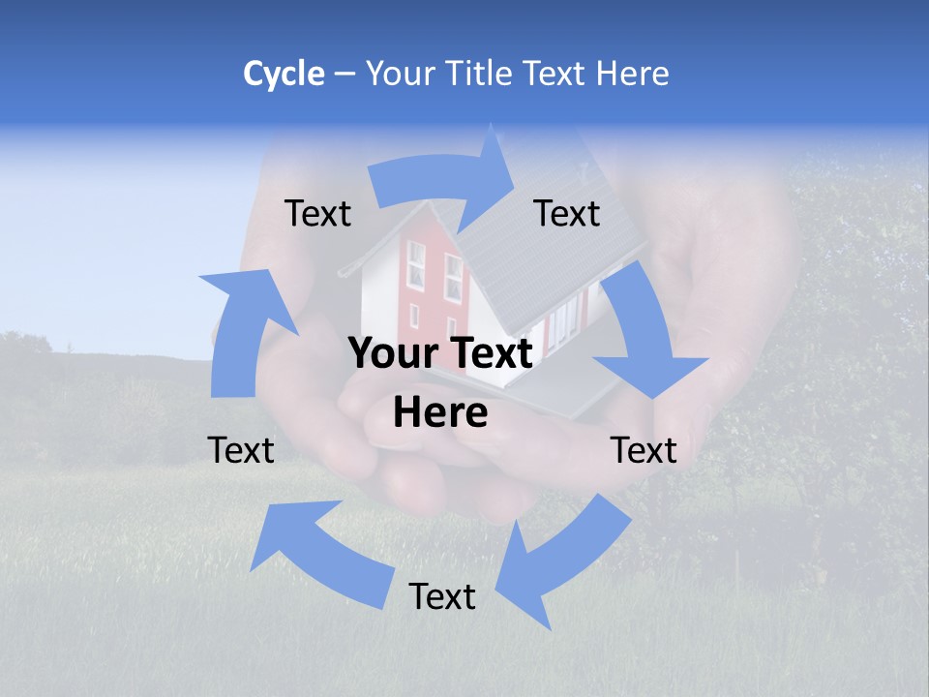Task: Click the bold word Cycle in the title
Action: tap(284, 74)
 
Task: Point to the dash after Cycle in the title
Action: tap(344, 74)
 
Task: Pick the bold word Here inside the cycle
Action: tap(440, 413)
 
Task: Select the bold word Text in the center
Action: tap(487, 353)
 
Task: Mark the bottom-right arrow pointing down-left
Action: tap(561, 561)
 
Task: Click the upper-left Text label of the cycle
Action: tap(317, 214)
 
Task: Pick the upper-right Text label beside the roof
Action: tap(567, 214)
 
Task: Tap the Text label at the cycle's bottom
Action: tap(442, 596)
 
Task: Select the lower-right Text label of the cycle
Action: tap(644, 450)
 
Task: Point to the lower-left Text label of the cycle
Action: tap(241, 450)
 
